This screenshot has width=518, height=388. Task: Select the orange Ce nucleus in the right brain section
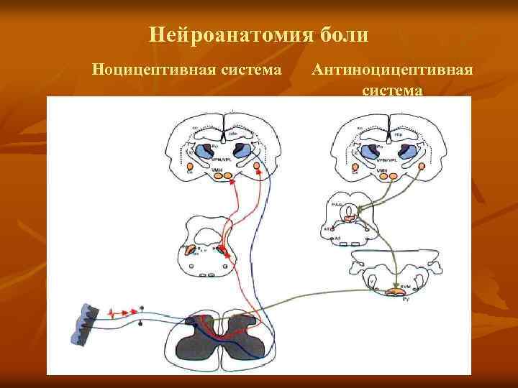tap(355, 169)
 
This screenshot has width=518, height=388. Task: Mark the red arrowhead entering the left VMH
tap(232, 182)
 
